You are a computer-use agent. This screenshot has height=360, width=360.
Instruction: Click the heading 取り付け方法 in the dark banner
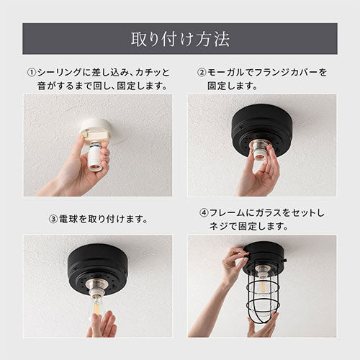tap(180, 39)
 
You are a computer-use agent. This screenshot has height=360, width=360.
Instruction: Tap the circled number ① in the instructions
tap(32, 72)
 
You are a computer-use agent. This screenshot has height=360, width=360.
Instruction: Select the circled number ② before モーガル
tap(202, 72)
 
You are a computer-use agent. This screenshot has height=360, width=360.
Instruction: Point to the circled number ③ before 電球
tap(53, 219)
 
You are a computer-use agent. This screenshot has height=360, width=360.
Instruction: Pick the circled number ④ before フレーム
tap(204, 212)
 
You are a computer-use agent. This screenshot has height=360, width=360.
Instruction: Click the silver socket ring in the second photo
tap(261, 145)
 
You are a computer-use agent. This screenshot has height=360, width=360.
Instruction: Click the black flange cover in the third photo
tap(97, 269)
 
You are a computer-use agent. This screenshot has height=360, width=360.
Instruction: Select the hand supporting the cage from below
tap(263, 325)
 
